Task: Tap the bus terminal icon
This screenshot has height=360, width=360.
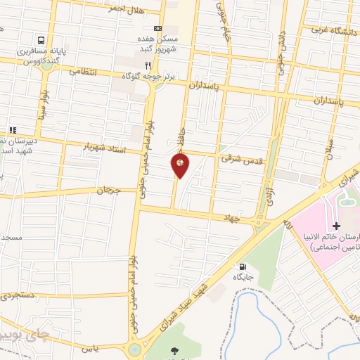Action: (x=43, y=40)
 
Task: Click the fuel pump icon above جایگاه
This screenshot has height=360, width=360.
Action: (x=243, y=266)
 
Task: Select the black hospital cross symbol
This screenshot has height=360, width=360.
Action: (x=336, y=226)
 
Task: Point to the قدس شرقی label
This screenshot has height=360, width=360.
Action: (x=240, y=160)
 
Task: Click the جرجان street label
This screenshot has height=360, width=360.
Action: (x=108, y=190)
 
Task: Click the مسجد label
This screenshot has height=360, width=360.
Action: (x=12, y=238)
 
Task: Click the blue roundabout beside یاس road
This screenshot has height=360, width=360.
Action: (x=134, y=349)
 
